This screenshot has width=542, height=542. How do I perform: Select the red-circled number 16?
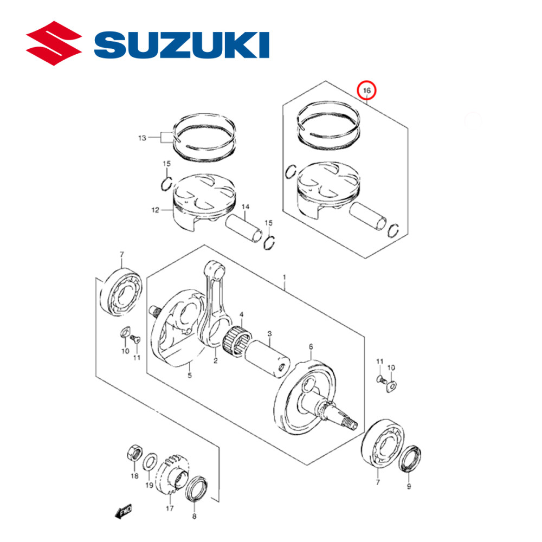pyautogui.click(x=367, y=90)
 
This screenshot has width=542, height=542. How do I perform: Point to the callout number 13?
pyautogui.click(x=142, y=138)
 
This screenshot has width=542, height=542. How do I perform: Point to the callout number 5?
pyautogui.click(x=190, y=375)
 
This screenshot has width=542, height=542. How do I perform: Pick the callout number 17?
pyautogui.click(x=170, y=508)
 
